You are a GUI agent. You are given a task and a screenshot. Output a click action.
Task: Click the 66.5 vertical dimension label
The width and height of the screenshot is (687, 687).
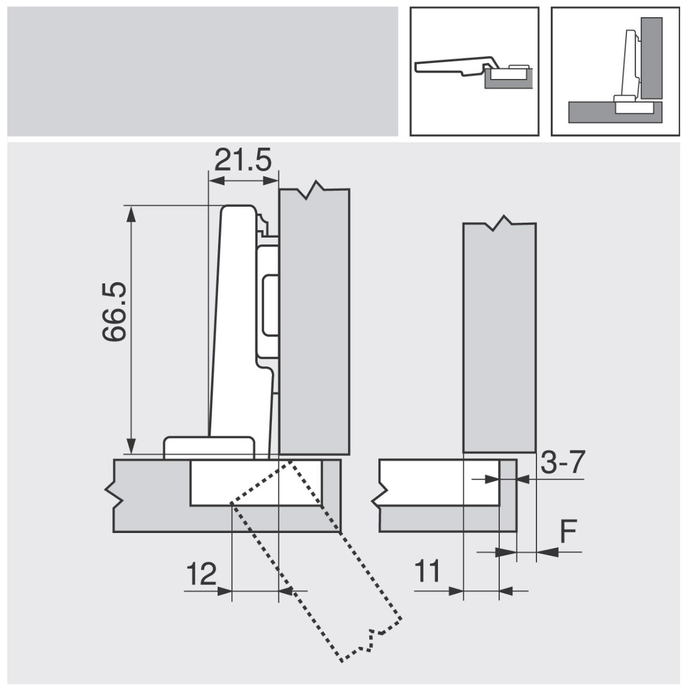tap(114, 312)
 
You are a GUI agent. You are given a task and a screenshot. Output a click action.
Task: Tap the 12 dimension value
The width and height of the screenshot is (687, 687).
tap(201, 574)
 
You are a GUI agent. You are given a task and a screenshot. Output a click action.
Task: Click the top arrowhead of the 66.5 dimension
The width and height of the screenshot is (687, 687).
tap(132, 214)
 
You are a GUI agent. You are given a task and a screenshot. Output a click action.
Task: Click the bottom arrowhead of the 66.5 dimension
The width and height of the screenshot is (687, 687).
tap(132, 445)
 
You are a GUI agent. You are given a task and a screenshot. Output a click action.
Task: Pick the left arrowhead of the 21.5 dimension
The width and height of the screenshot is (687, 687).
tap(216, 181)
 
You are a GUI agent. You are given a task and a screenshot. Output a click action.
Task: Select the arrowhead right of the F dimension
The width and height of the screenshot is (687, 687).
tap(547, 552)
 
